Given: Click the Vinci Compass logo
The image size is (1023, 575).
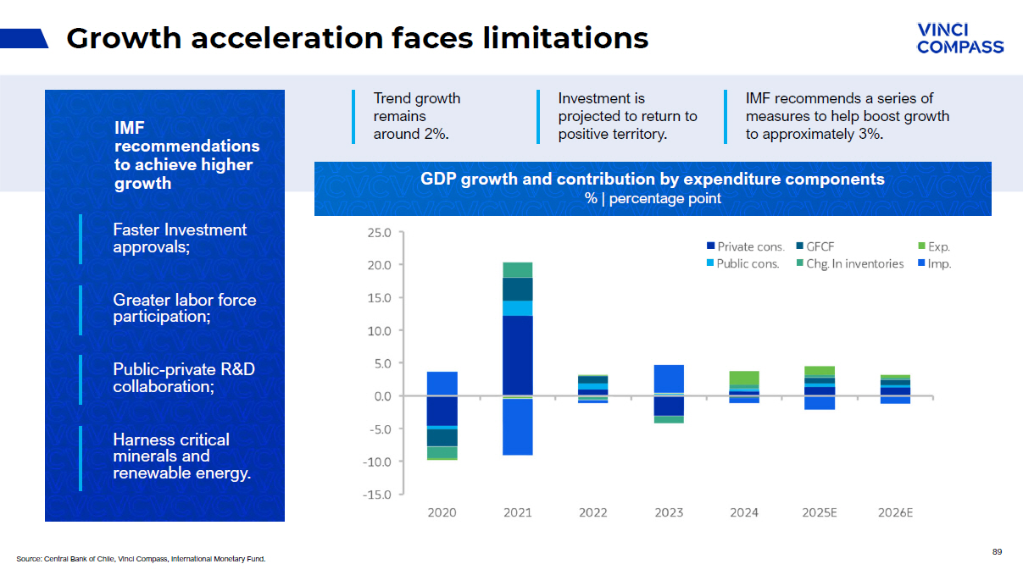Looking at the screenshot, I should tap(959, 39).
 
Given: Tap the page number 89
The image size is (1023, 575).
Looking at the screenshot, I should tap(997, 552).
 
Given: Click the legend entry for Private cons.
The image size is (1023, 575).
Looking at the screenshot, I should tap(744, 247).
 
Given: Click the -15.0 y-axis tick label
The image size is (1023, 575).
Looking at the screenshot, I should tap(378, 495).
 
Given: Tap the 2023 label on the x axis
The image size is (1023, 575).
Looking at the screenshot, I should tap(669, 513).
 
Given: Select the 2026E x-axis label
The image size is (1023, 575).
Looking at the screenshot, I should tap(896, 513).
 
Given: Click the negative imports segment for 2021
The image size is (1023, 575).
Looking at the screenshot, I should tap(517, 427).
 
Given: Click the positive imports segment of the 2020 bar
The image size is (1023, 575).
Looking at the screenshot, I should tap(442, 384).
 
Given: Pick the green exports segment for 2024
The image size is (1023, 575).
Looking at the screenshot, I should tap(744, 378).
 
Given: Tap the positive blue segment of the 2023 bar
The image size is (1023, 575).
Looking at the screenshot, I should tap(669, 379).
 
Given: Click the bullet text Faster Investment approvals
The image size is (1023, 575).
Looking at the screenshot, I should tap(180, 238).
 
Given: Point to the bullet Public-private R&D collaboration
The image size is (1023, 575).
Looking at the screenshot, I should tap(184, 378).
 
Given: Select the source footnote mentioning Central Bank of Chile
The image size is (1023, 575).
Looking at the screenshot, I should tap(141, 559).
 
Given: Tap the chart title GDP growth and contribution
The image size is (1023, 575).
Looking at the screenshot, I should tap(652, 180).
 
